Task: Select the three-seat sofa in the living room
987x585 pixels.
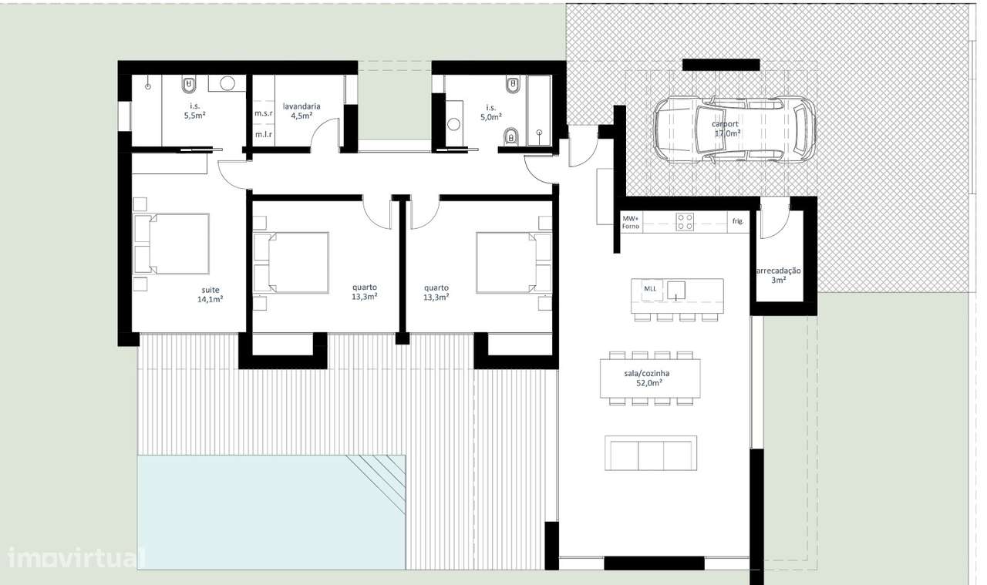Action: coord(651,453)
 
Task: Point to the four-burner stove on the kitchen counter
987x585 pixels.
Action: coord(685,222)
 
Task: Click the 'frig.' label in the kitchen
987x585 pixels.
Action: coord(738,221)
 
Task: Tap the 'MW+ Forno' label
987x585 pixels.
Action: coord(631,222)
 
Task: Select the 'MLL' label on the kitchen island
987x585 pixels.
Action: coord(650,289)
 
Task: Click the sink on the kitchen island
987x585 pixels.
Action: coord(676,291)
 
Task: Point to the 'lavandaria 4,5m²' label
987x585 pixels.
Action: coord(301,111)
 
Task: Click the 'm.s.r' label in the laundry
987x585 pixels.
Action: coord(264,113)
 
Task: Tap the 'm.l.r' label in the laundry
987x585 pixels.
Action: coord(264,134)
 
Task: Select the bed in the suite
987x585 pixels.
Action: coord(171,244)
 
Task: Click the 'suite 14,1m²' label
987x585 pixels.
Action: coord(211,294)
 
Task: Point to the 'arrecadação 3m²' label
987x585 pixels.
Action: coord(779,275)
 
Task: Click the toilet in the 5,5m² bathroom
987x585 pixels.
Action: coord(190,84)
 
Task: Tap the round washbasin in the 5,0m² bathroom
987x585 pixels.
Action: coord(454,124)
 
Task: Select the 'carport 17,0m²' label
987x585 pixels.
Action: coord(726,128)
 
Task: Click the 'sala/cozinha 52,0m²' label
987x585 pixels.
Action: coord(647,378)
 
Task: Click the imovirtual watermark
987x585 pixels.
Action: coord(76,557)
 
